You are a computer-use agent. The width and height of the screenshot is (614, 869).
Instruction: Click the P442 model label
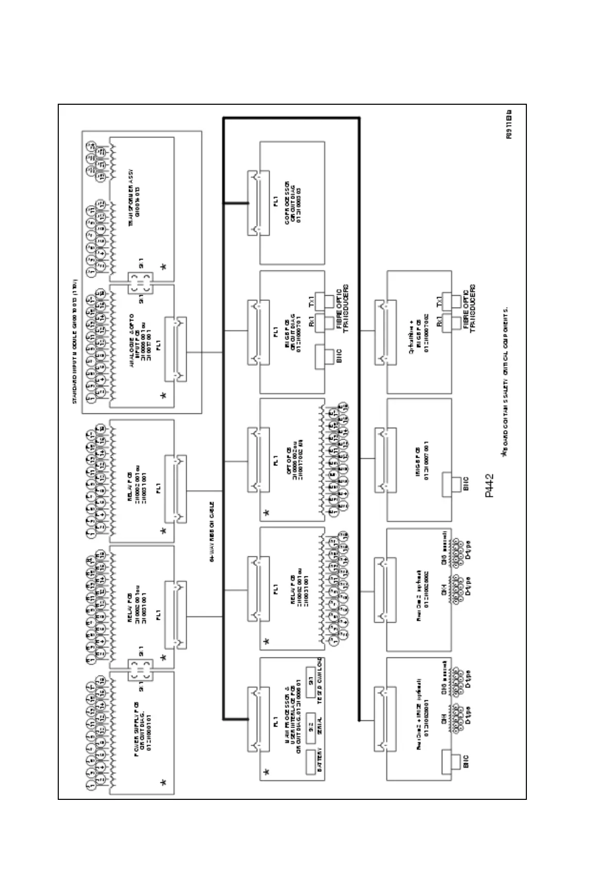point(489,486)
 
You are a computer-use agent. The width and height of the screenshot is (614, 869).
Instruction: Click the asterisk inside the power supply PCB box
point(163,783)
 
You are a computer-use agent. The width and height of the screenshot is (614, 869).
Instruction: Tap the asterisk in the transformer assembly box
point(163,267)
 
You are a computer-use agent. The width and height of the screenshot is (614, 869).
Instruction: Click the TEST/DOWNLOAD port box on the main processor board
point(310,682)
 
